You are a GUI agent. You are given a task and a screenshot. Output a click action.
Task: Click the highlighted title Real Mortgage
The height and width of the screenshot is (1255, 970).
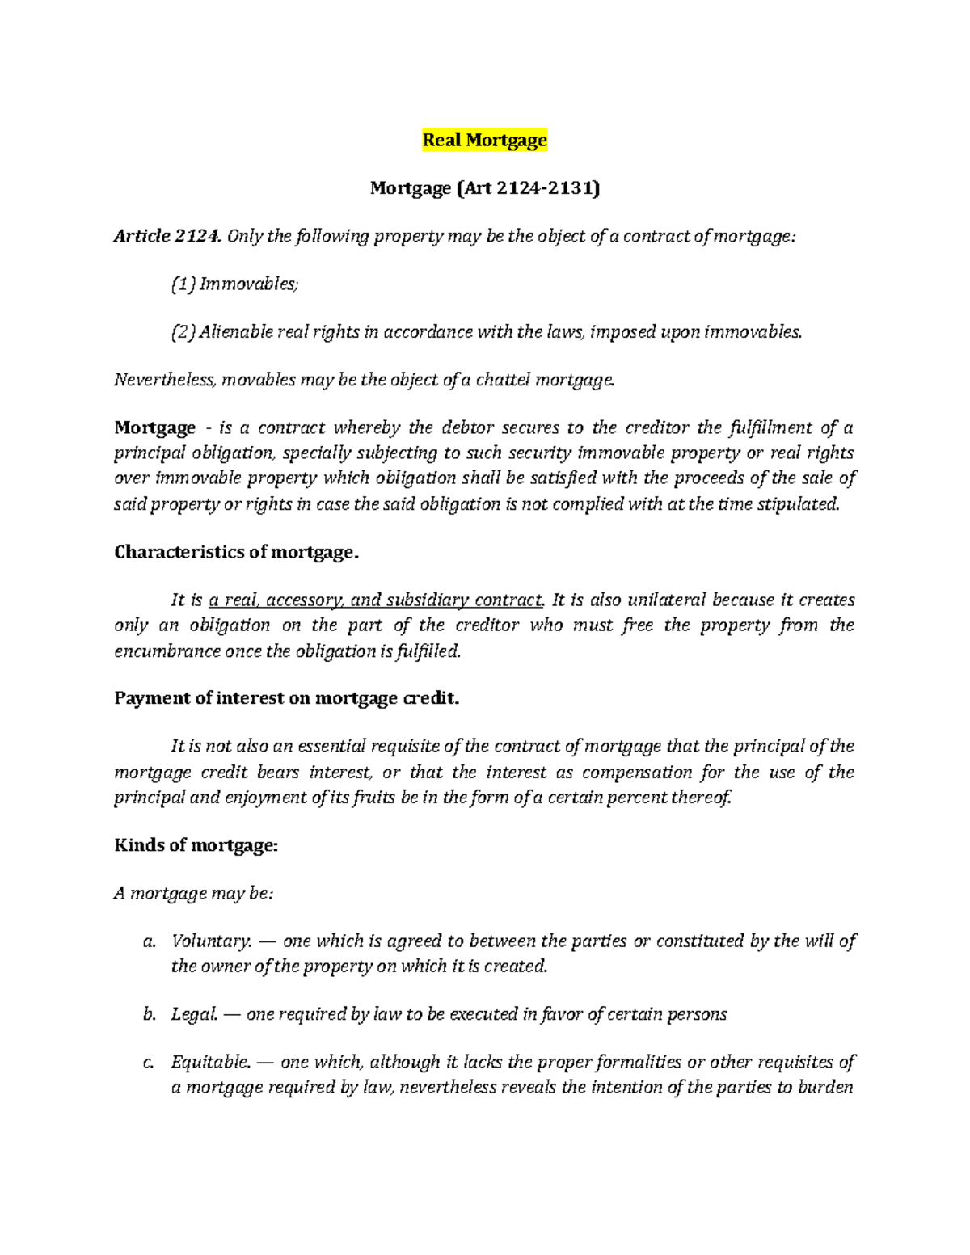(484, 140)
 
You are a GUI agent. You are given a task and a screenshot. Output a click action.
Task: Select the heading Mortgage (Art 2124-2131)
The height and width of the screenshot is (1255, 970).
(484, 188)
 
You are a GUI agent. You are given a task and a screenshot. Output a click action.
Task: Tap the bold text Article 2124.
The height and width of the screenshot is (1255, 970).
(167, 236)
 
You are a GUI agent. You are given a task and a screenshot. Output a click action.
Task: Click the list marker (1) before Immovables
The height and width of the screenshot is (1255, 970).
(183, 284)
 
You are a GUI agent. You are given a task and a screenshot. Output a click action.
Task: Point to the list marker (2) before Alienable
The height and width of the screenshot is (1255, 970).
(183, 332)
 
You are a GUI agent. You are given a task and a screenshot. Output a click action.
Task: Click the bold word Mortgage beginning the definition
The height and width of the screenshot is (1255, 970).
(154, 427)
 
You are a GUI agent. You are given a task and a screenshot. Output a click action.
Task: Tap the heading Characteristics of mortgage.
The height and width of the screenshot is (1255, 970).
(236, 552)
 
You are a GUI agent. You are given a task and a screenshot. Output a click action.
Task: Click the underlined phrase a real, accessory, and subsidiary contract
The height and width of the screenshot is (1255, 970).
(377, 600)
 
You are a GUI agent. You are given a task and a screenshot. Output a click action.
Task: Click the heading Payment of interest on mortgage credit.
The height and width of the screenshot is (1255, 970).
(286, 698)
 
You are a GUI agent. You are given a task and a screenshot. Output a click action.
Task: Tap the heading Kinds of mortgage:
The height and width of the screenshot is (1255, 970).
(196, 845)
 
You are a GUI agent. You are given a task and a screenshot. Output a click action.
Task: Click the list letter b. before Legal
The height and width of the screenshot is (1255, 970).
(149, 1014)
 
